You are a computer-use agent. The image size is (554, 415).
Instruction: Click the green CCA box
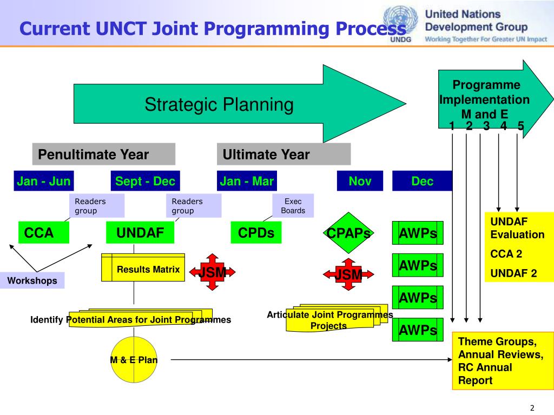[44, 233]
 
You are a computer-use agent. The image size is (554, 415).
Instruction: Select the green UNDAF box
[141, 233]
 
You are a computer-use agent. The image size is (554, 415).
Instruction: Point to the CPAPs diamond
[349, 233]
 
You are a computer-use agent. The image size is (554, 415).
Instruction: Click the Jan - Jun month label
[44, 181]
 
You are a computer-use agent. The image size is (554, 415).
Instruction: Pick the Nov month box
[360, 181]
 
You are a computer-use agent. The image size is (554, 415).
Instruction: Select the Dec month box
[422, 181]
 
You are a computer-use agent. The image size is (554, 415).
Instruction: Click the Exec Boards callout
[293, 206]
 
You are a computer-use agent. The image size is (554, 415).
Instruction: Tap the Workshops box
[32, 280]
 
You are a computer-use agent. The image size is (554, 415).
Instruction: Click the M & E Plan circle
[134, 359]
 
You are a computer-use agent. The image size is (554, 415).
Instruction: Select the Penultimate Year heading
[103, 155]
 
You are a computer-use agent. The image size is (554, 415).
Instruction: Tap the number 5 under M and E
[520, 126]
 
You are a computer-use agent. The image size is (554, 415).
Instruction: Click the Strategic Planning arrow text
[219, 104]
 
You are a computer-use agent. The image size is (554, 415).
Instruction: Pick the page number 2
[532, 407]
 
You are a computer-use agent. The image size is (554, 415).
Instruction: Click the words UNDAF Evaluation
[517, 228]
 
